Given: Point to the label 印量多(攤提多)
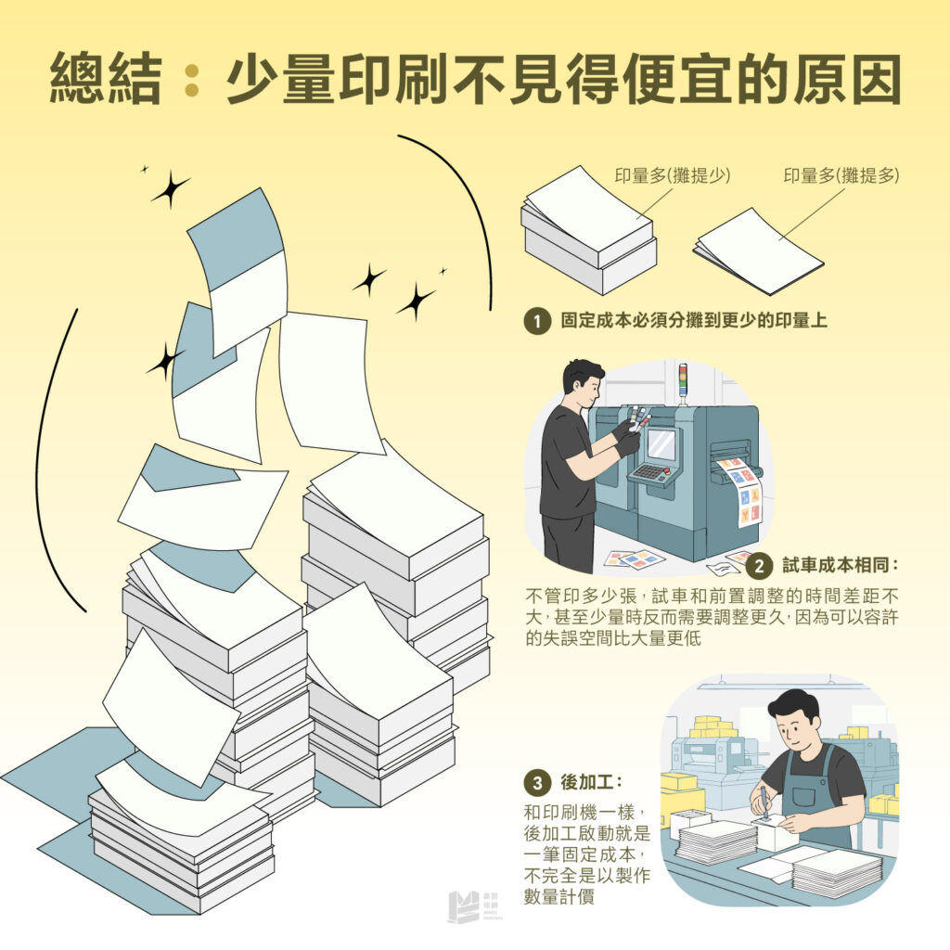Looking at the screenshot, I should [841, 175].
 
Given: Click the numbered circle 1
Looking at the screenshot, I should [536, 322].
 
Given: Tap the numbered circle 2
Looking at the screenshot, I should [760, 565].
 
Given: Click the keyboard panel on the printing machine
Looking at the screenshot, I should [653, 472].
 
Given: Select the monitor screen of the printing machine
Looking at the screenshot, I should [661, 443].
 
